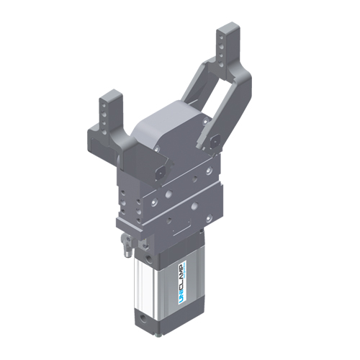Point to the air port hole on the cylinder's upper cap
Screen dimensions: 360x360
coord(148,256)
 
